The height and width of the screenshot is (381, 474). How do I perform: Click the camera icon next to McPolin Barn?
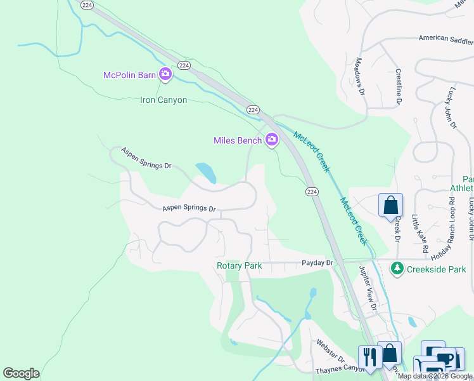165,75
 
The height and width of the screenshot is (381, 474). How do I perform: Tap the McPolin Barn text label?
129,76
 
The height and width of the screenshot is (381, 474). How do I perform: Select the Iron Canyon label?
163,100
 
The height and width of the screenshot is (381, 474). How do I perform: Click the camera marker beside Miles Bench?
272,140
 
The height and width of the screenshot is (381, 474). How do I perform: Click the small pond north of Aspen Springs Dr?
206,172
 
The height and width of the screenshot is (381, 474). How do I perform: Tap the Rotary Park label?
240,266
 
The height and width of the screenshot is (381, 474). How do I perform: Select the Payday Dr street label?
317,262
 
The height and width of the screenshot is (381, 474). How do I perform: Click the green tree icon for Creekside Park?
397,269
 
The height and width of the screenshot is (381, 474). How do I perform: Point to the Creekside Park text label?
436,269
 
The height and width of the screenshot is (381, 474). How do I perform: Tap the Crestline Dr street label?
399,86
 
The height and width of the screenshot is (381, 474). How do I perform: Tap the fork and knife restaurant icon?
368,357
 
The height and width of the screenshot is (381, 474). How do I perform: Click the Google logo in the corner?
21,373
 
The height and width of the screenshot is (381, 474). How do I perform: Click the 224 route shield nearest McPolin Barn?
184,65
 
